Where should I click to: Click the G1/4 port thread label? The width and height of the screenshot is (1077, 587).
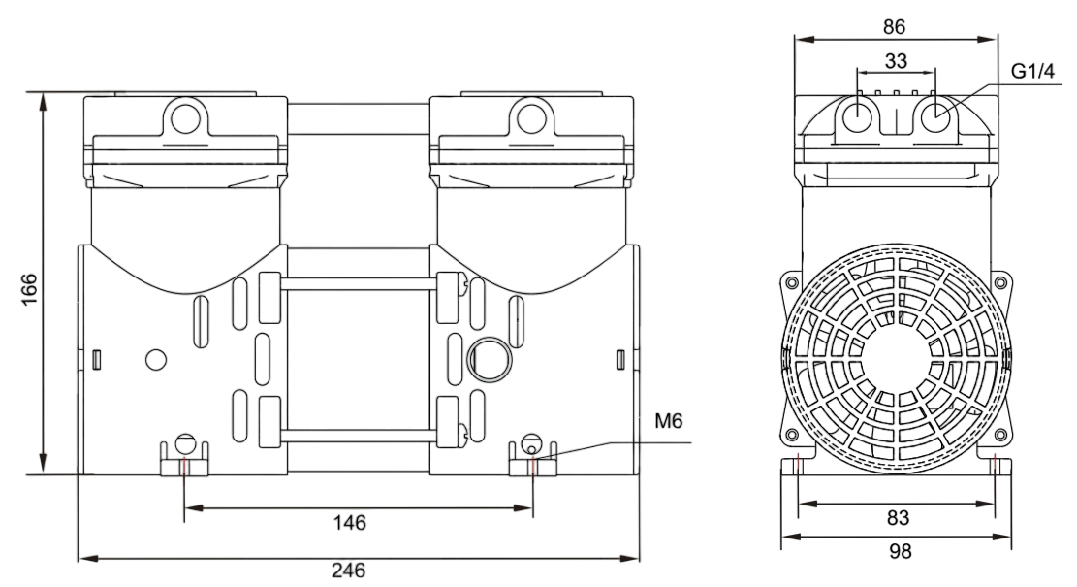[x=1031, y=73]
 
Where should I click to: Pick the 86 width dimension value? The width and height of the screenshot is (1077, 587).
[x=895, y=26]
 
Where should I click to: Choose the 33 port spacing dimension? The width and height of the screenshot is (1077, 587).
[x=896, y=60]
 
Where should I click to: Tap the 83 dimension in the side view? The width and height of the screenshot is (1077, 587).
[x=896, y=517]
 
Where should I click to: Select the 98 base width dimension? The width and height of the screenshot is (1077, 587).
[x=896, y=551]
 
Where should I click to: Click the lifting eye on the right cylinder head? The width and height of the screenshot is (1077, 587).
[x=530, y=117]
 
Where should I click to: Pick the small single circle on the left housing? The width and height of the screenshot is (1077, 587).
[x=155, y=360]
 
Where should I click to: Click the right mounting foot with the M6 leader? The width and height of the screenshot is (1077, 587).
[x=532, y=459]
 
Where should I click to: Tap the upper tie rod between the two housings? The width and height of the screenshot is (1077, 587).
[x=359, y=284]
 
